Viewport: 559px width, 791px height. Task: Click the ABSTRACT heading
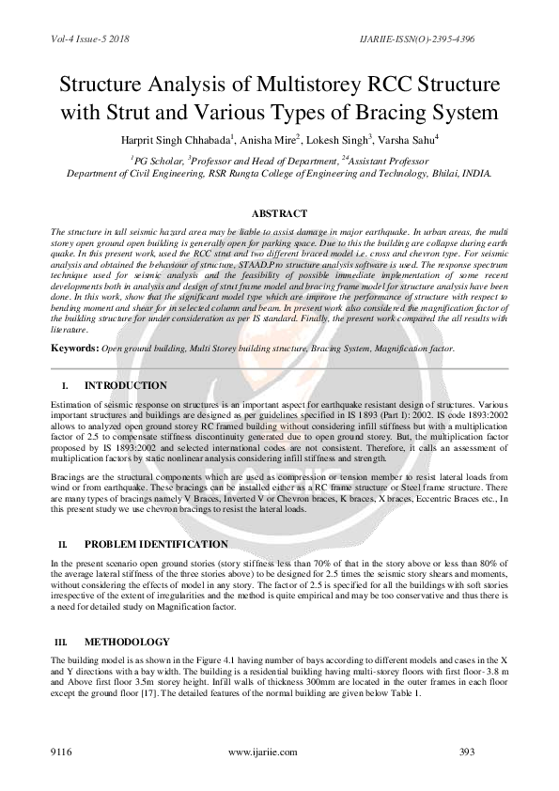point(279,214)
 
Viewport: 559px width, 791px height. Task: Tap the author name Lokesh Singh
point(340,140)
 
